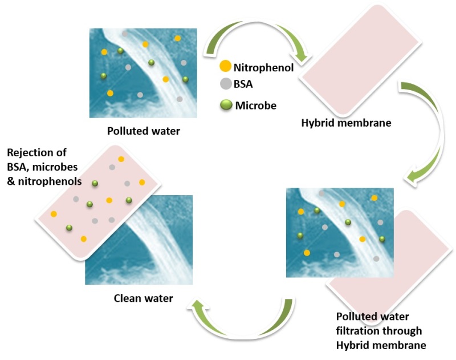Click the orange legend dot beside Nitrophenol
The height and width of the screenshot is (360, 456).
click(226, 67)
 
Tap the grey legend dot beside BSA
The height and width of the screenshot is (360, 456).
click(225, 84)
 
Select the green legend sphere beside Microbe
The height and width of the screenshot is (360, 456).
click(226, 105)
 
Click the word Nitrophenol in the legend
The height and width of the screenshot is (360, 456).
click(263, 67)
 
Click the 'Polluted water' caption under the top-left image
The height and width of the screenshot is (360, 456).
click(144, 131)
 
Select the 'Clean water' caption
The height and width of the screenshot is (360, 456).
click(144, 297)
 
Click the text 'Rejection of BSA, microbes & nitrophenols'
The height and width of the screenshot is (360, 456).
click(43, 167)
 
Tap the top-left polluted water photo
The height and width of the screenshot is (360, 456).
click(142, 73)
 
